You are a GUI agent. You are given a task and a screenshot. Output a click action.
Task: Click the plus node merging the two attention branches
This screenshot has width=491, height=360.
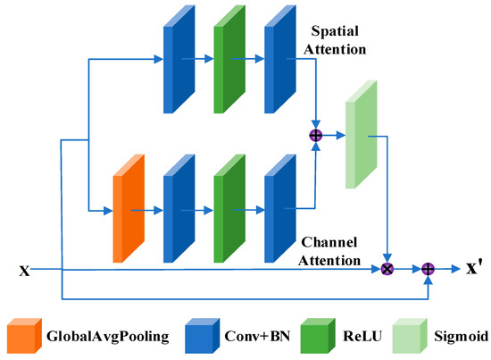[315, 135]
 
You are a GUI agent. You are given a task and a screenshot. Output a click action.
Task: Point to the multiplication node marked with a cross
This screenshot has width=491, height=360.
[387, 268]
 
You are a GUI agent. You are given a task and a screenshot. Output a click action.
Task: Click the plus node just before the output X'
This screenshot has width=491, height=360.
[428, 268]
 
